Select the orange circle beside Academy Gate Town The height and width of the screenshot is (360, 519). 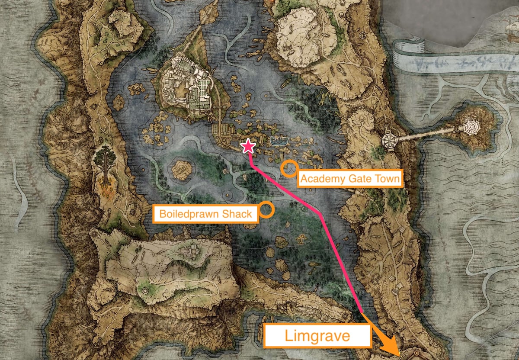[288, 168]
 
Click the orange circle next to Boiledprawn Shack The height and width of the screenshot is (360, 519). [267, 209]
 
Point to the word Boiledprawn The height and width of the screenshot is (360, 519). [189, 213]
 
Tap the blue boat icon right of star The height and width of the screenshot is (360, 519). [279, 140]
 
